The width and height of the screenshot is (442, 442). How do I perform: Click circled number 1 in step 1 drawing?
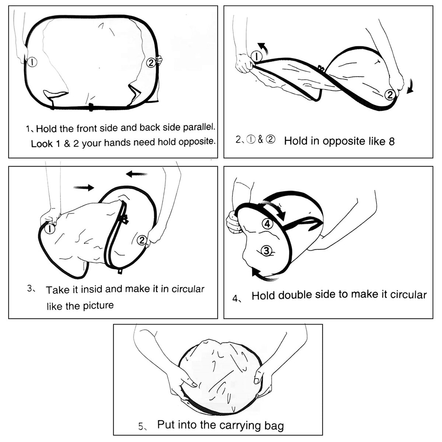32,62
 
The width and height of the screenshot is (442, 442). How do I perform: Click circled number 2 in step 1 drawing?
151,63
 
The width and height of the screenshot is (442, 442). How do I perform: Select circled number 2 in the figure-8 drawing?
390,95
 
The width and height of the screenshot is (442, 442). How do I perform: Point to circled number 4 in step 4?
267,224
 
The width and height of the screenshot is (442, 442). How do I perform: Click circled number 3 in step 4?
266,250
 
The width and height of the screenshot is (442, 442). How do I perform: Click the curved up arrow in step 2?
263,48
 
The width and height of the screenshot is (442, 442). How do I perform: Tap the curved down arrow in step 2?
410,86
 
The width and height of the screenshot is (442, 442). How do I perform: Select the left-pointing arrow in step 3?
137,174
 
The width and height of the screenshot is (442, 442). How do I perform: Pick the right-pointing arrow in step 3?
84,187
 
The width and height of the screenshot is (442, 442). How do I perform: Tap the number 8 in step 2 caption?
392,141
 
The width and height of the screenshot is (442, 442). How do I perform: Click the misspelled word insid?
92,290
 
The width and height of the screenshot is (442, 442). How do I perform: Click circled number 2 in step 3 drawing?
142,240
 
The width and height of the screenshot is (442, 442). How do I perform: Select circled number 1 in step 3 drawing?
50,228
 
